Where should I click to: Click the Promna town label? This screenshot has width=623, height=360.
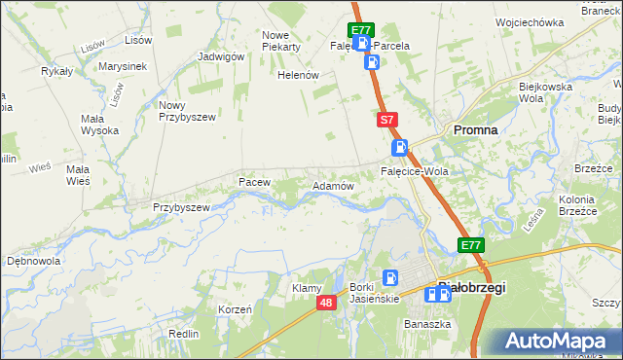(475, 129)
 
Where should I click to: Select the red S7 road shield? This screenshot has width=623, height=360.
(386, 120)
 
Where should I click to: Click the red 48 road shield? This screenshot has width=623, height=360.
(327, 305)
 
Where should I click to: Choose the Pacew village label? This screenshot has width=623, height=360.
(254, 182)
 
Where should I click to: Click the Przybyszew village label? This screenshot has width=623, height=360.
(182, 207)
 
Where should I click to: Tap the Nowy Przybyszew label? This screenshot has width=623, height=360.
(185, 110)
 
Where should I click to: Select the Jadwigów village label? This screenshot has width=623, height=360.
(220, 56)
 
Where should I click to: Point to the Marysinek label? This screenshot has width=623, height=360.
(123, 66)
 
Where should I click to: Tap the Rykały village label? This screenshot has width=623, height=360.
(58, 71)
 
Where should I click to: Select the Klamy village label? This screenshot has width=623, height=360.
(308, 288)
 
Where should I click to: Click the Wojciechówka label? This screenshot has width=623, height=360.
(530, 21)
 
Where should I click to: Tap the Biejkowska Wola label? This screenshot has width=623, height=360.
(544, 92)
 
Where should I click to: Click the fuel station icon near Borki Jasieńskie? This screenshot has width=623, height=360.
(390, 277)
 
